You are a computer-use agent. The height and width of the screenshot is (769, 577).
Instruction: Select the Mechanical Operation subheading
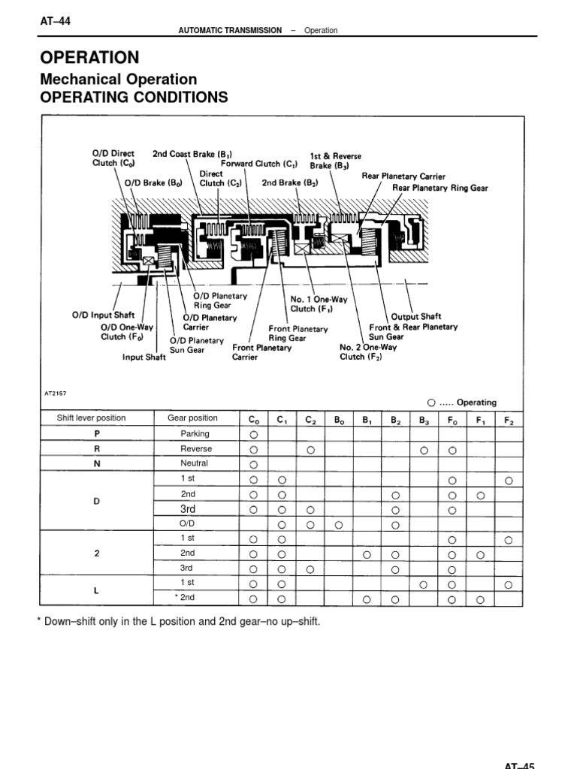[118, 79]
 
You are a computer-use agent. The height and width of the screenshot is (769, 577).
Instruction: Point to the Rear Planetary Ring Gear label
[440, 188]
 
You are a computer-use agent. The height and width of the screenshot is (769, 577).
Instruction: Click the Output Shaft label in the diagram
[416, 316]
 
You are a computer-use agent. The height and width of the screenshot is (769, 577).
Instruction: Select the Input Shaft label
[144, 357]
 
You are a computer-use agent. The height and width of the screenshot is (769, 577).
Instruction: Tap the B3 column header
[424, 420]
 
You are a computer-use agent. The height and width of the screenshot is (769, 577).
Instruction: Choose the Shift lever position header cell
[91, 418]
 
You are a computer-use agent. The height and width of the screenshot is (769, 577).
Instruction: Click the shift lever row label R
[96, 449]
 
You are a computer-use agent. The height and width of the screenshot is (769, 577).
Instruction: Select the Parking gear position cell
[195, 434]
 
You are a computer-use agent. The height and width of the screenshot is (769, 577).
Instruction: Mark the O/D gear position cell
[187, 523]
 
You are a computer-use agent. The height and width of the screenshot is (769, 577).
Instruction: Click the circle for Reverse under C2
[310, 450]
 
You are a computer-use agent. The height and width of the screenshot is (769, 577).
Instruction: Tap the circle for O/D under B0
[339, 523]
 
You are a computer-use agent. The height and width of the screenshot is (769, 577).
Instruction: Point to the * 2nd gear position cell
[185, 597]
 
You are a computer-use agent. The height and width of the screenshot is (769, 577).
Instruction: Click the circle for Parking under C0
[253, 435]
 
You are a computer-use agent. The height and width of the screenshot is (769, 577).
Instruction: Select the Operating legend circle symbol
[432, 403]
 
